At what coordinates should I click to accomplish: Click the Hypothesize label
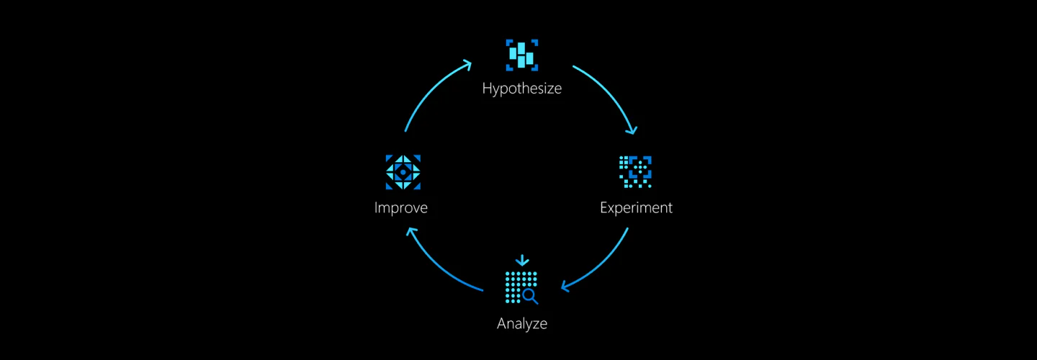[x=521, y=90]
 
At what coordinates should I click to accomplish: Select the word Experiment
[x=636, y=208]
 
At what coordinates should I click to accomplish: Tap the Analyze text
[x=521, y=324]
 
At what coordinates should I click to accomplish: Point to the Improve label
[x=401, y=208]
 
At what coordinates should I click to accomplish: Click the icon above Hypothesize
[x=521, y=55]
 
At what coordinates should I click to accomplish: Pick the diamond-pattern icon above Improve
[x=403, y=172]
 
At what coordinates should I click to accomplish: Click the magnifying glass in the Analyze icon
[x=531, y=296]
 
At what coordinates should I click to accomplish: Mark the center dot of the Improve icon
[x=403, y=172]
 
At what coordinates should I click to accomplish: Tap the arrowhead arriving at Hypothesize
[x=467, y=64]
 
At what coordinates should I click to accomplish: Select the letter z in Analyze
[x=535, y=324]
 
